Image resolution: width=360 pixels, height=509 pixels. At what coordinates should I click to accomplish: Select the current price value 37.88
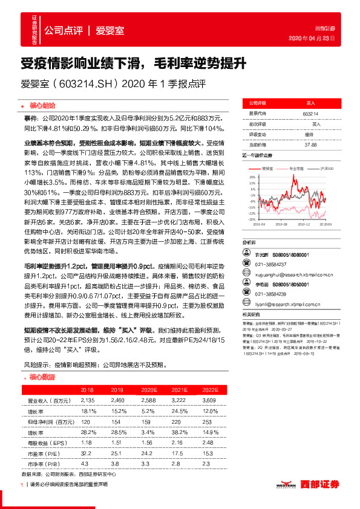310,144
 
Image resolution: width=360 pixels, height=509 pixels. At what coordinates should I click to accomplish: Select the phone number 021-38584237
280,264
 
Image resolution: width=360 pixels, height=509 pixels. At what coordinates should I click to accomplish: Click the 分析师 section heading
249,241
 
